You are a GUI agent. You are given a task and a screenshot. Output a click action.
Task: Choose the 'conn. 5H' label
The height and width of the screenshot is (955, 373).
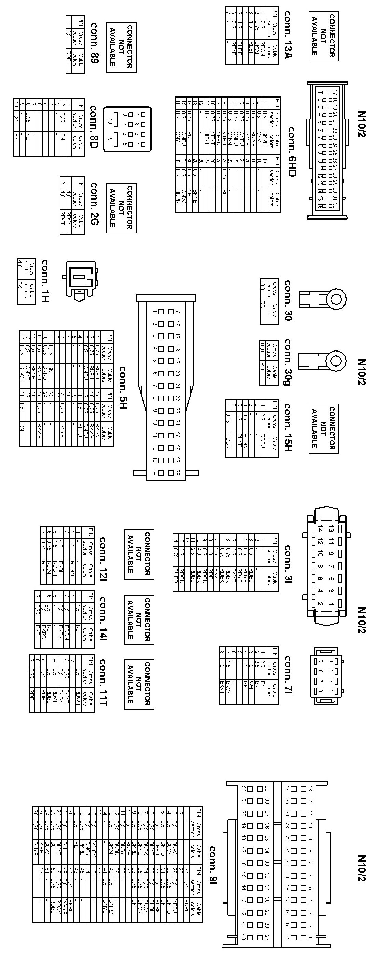(123, 388)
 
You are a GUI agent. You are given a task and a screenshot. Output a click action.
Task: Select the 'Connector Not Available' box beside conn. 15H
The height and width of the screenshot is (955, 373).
(323, 428)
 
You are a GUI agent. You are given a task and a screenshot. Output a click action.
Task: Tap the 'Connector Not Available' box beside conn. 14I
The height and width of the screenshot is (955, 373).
(139, 620)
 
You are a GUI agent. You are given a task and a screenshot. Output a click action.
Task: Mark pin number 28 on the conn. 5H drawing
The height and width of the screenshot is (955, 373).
(177, 472)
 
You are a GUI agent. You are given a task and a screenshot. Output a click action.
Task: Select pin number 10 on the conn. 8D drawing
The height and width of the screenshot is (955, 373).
(110, 121)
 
